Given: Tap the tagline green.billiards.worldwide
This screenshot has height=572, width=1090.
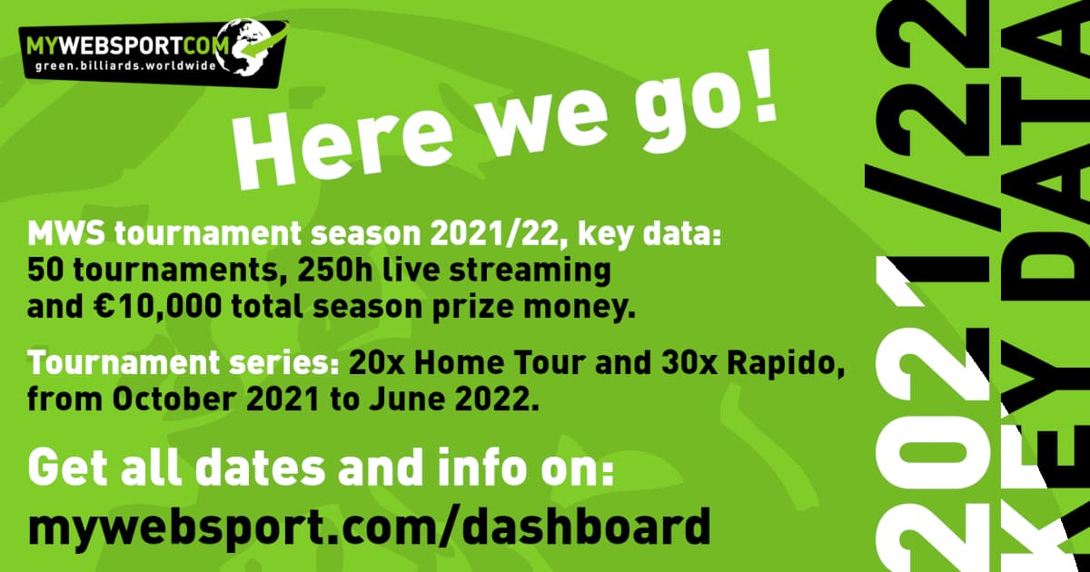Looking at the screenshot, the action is coord(125,65).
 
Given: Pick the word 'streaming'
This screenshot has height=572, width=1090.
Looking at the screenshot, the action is coord(530,271).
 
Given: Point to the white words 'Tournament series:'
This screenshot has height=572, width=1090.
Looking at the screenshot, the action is coord(183,363).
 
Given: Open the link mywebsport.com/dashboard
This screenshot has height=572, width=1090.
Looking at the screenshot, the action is coord(370,527).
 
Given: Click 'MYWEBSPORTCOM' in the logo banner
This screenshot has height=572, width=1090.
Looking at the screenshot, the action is coord(128,46).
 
